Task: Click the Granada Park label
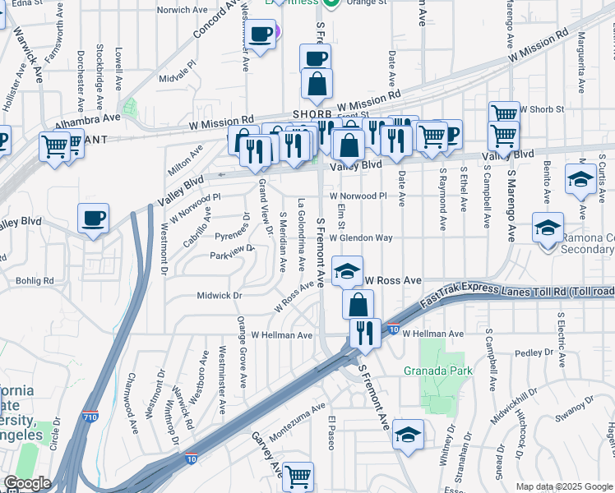pyautogui.click(x=426, y=370)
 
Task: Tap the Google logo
pyautogui.click(x=27, y=483)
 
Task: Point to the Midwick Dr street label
pyautogui.click(x=220, y=295)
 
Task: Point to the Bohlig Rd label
pyautogui.click(x=36, y=280)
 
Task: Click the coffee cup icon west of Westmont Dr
pyautogui.click(x=93, y=219)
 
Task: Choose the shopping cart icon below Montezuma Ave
pyautogui.click(x=298, y=475)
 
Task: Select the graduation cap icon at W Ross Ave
pyautogui.click(x=348, y=270)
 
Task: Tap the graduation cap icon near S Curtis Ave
pyautogui.click(x=580, y=180)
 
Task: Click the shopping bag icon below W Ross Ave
pyautogui.click(x=358, y=305)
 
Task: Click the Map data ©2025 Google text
pyautogui.click(x=563, y=486)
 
